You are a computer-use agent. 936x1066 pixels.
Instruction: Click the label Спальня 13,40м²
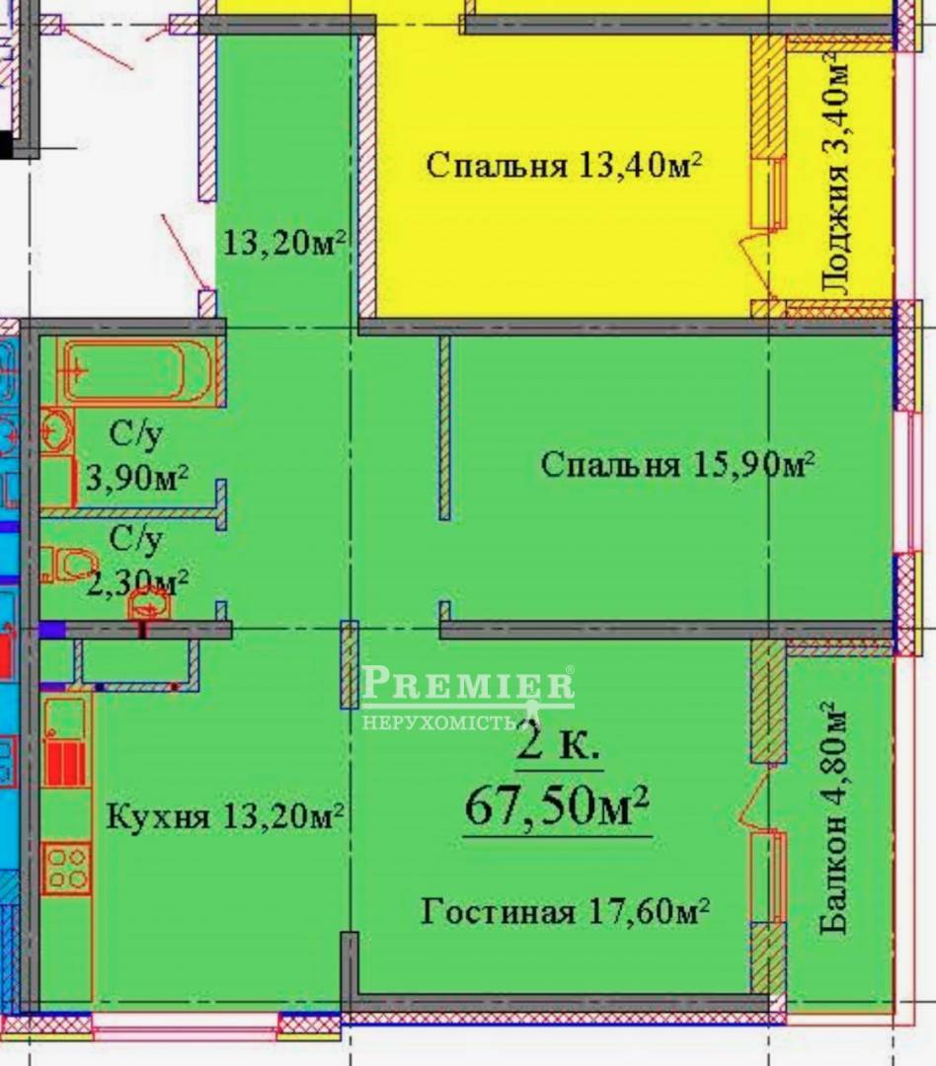(x=564, y=165)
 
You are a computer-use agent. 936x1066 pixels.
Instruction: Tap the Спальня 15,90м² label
(x=677, y=465)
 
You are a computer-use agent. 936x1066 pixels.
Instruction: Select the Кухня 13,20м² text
(x=224, y=816)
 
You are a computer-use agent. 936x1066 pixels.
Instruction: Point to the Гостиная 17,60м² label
(x=566, y=911)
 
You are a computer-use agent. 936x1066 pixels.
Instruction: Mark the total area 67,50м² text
(x=557, y=806)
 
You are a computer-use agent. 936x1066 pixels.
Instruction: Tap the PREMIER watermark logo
(x=468, y=683)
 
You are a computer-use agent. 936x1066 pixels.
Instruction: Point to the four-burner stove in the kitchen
(x=67, y=869)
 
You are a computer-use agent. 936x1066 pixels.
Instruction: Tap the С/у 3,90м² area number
(x=137, y=479)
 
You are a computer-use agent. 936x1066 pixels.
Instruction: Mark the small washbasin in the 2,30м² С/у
(x=149, y=604)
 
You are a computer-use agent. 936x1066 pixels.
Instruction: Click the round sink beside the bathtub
(x=55, y=430)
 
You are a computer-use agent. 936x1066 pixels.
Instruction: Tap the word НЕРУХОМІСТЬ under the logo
(x=438, y=722)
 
